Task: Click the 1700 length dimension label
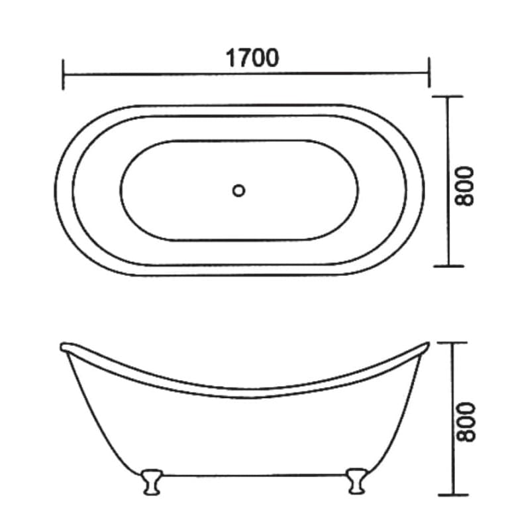(x=252, y=58)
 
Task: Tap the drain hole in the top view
(x=239, y=190)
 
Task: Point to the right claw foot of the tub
(x=356, y=480)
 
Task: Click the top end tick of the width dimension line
(x=449, y=97)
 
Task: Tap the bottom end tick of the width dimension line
(x=449, y=266)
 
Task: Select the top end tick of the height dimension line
(x=452, y=343)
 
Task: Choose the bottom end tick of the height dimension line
(x=452, y=494)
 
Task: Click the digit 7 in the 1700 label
(x=242, y=58)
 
